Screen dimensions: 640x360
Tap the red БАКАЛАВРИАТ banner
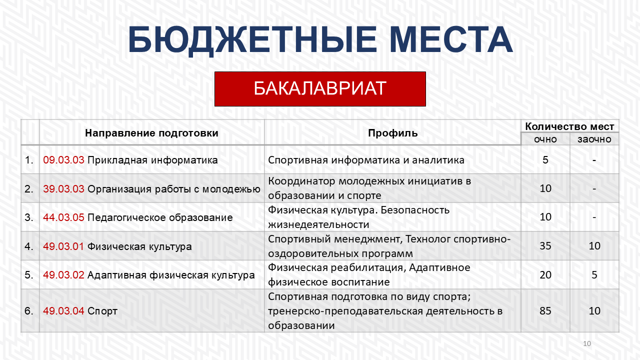320,89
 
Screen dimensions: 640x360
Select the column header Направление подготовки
151,133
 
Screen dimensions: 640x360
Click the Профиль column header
392,133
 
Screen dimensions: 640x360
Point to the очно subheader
545,139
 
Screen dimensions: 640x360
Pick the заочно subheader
594,139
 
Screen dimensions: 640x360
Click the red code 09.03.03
63,159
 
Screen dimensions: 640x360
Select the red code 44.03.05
63,217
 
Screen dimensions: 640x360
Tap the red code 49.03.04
63,310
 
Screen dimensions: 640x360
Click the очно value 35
545,246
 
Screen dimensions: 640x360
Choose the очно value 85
545,310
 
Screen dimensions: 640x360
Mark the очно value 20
545,275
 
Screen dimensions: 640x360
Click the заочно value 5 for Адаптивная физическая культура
594,275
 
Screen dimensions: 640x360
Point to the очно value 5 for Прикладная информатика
545,159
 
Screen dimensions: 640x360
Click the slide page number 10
587,343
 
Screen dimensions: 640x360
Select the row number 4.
28,246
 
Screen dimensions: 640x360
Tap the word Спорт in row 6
102,311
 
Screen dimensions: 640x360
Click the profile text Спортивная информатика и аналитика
366,160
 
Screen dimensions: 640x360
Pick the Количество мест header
569,126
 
